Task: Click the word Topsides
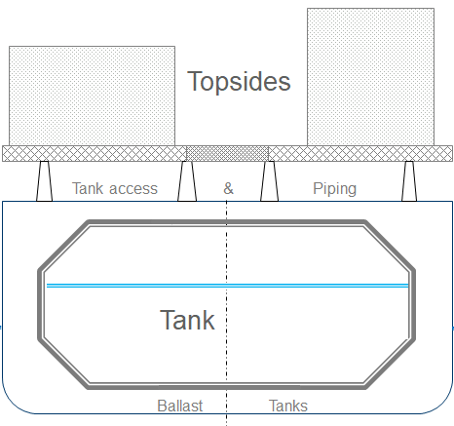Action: (x=239, y=81)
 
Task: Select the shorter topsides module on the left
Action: (x=92, y=96)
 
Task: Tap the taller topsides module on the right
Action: (x=370, y=76)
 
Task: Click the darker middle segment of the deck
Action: (x=227, y=153)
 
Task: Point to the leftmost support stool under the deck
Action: (x=44, y=181)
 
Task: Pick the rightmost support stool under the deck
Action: (x=410, y=181)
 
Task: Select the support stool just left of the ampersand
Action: (x=186, y=181)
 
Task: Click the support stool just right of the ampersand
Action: (x=269, y=181)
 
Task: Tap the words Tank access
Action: (x=115, y=188)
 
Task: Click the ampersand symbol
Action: (x=228, y=188)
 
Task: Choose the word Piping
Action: (x=334, y=188)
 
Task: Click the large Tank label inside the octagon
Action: (x=187, y=320)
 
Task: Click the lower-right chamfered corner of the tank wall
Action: (x=391, y=363)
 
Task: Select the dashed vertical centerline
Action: (x=227, y=253)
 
